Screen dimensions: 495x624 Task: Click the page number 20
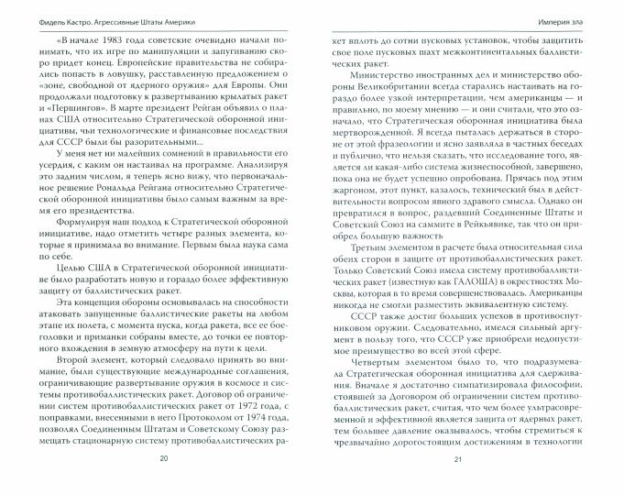point(164,483)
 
